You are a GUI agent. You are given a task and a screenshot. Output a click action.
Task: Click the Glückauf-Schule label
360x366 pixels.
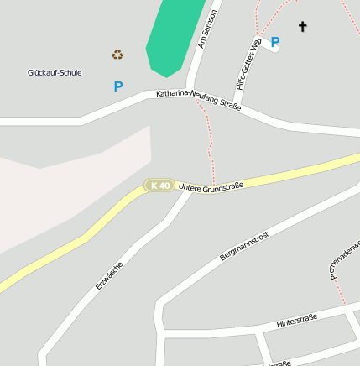tap(55, 73)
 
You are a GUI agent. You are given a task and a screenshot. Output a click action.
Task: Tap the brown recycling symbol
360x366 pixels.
tap(117, 55)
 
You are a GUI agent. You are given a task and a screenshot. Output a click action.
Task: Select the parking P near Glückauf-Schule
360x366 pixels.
tap(118, 86)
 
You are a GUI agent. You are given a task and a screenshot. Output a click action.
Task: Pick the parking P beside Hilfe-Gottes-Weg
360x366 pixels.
tap(275, 41)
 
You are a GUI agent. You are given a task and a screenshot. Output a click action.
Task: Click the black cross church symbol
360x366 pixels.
tap(302, 27)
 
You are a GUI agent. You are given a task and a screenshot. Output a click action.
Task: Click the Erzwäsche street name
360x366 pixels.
tap(109, 275)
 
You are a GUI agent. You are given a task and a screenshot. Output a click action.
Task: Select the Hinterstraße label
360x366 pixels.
tap(297, 320)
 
